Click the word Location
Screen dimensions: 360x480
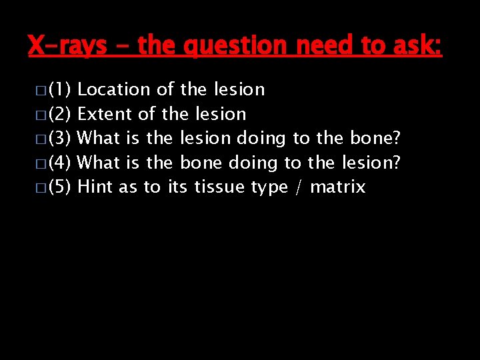click(x=115, y=89)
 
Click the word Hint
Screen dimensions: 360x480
click(x=95, y=187)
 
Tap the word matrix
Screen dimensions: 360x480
click(x=338, y=187)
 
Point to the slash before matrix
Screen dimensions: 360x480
click(x=299, y=187)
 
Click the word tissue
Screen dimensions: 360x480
click(x=220, y=187)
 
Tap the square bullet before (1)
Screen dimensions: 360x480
click(x=41, y=90)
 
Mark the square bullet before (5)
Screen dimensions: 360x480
click(x=41, y=187)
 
